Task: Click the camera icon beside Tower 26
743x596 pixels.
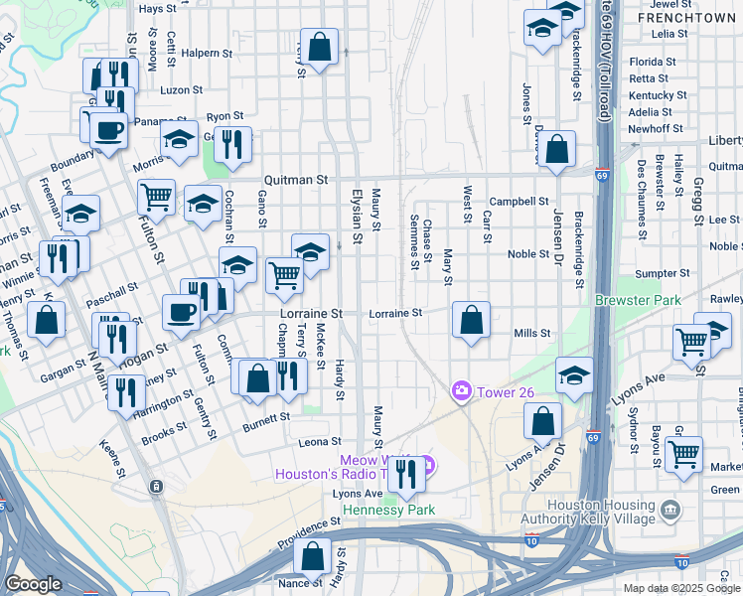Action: click(x=461, y=391)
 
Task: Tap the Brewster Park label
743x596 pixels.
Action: click(x=634, y=299)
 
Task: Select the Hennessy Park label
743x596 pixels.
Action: click(x=388, y=510)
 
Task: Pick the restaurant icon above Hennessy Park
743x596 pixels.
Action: click(x=404, y=473)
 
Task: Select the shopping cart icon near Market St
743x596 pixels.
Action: click(x=683, y=455)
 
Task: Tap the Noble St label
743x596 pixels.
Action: click(x=528, y=254)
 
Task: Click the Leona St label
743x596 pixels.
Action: click(x=322, y=441)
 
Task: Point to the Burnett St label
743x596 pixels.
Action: click(x=265, y=428)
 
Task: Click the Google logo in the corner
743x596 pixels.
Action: click(x=34, y=584)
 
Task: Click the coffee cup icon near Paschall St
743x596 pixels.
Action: click(x=181, y=313)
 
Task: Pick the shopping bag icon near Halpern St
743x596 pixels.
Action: click(x=319, y=47)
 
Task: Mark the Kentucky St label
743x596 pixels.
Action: click(x=658, y=95)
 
